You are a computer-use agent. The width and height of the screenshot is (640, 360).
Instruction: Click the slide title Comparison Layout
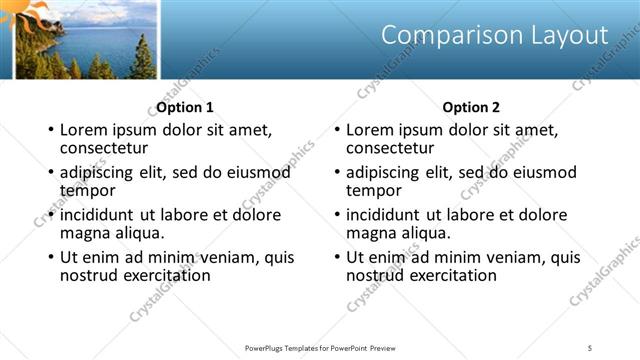coord(495,36)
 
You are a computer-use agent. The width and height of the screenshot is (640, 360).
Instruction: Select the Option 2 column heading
coord(471,107)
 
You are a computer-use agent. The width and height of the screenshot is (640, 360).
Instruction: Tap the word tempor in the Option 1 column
coord(88,190)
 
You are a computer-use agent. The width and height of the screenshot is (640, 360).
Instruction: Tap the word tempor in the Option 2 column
coord(374,190)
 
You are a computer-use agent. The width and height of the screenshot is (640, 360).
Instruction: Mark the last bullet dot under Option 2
coord(337,258)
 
